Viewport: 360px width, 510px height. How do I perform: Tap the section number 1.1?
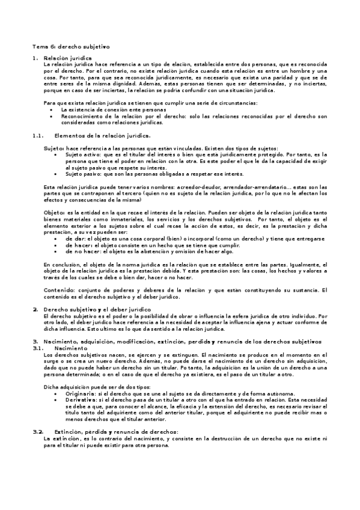(x=38, y=136)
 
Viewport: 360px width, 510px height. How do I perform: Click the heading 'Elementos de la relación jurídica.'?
(x=102, y=136)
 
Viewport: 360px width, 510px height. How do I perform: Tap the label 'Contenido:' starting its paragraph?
(x=60, y=290)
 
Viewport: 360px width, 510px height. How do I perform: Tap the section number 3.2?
(x=38, y=432)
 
